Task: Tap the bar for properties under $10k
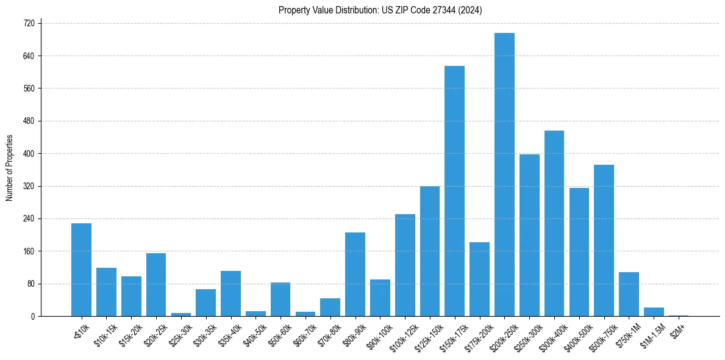[x=81, y=270]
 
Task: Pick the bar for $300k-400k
[x=554, y=223]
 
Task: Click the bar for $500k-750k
[x=604, y=240]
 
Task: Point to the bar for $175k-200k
[x=479, y=279]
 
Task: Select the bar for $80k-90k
[x=355, y=275]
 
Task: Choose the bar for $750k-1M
[x=629, y=294]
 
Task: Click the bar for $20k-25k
[x=156, y=285]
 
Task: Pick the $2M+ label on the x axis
[x=677, y=329]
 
